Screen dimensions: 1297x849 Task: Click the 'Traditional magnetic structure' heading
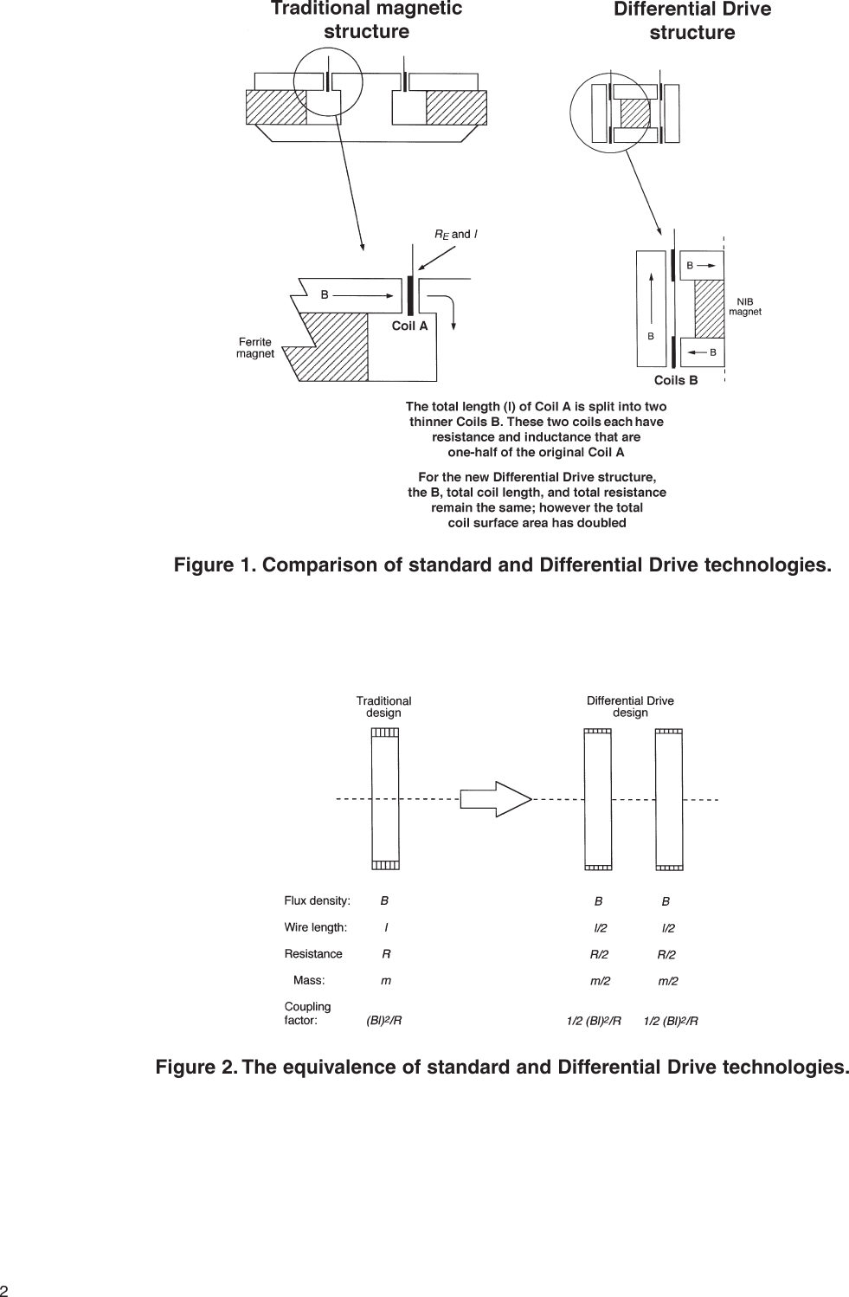[366, 20]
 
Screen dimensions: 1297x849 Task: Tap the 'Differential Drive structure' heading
[691, 21]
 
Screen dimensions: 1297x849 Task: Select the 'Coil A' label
[409, 326]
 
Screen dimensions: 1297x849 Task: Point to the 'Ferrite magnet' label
[255, 347]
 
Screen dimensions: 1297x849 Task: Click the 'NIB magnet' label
[744, 307]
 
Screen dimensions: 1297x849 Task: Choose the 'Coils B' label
[675, 380]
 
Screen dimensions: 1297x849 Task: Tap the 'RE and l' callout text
[455, 234]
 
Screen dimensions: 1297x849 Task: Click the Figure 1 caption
[502, 565]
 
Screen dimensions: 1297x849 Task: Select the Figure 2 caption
[502, 1067]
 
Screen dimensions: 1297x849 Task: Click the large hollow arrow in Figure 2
[495, 798]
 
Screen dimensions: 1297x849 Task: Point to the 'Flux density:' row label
[317, 900]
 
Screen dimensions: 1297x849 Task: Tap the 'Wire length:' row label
[315, 927]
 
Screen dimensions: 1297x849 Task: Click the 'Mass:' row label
[309, 980]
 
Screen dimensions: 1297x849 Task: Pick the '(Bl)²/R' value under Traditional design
[384, 1020]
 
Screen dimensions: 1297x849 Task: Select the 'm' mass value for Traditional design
[386, 981]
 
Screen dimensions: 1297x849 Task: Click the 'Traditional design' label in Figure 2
[383, 707]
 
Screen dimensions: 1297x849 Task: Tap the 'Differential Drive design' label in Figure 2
[630, 707]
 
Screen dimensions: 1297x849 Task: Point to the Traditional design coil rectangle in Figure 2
[385, 798]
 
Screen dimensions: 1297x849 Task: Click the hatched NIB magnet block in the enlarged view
[710, 308]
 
